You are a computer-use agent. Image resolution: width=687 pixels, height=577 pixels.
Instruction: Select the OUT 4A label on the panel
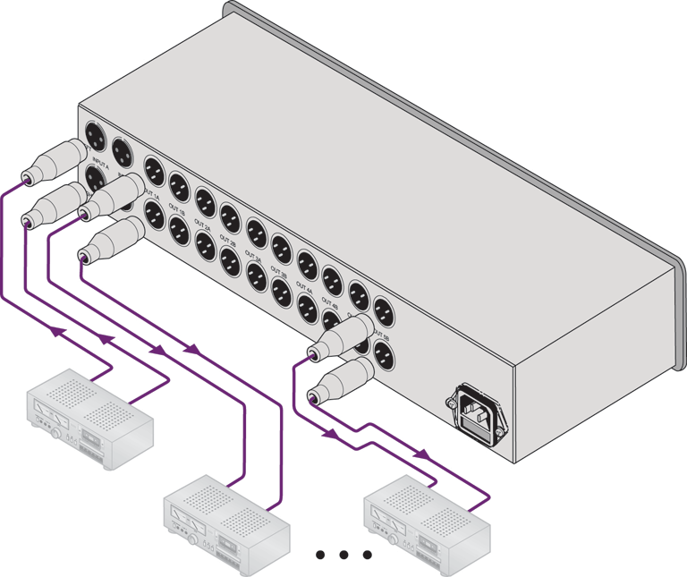(x=304, y=288)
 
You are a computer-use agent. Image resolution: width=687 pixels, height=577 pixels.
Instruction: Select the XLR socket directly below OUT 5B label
(x=384, y=354)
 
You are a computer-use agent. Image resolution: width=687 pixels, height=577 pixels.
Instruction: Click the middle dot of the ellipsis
(x=344, y=556)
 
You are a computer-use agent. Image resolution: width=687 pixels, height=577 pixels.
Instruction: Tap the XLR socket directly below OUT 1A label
(x=152, y=215)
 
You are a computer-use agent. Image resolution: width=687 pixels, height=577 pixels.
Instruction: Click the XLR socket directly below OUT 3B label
(x=280, y=290)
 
